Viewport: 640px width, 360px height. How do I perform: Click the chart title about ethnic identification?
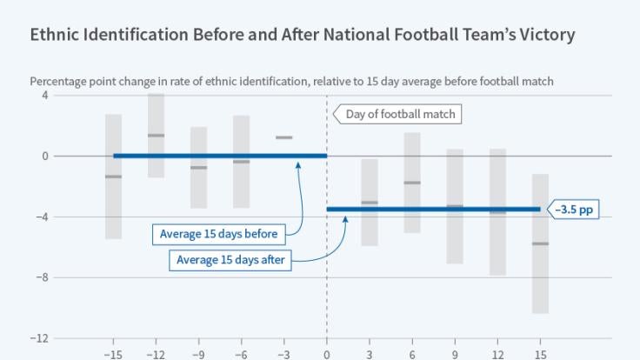coord(302,36)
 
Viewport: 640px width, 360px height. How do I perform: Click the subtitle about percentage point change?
coord(291,81)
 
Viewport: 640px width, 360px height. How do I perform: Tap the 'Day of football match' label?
coord(399,114)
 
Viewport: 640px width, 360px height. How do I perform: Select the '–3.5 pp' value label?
coord(575,209)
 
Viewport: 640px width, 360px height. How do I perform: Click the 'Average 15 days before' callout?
coord(218,233)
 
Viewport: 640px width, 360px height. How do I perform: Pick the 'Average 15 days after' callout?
coord(230,259)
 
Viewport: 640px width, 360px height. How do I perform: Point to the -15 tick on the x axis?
coord(113,355)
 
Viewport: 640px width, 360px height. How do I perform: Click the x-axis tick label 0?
coord(327,355)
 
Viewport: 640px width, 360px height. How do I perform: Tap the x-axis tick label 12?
coord(497,355)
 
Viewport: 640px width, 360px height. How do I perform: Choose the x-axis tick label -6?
coord(241,355)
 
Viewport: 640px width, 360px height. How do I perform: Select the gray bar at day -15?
coord(113,191)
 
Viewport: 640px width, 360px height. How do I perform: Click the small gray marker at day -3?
coord(283,137)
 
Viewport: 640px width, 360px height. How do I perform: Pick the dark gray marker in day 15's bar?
coord(540,243)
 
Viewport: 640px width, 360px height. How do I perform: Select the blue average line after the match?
coord(435,209)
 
